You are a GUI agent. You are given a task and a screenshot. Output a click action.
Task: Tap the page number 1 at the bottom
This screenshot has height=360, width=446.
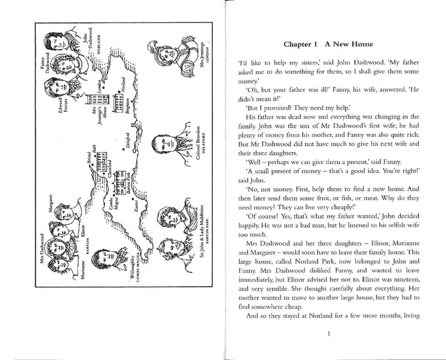pyautogui.click(x=328, y=334)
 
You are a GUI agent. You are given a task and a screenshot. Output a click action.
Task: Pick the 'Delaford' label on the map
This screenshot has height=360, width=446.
pyautogui.click(x=128, y=142)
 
